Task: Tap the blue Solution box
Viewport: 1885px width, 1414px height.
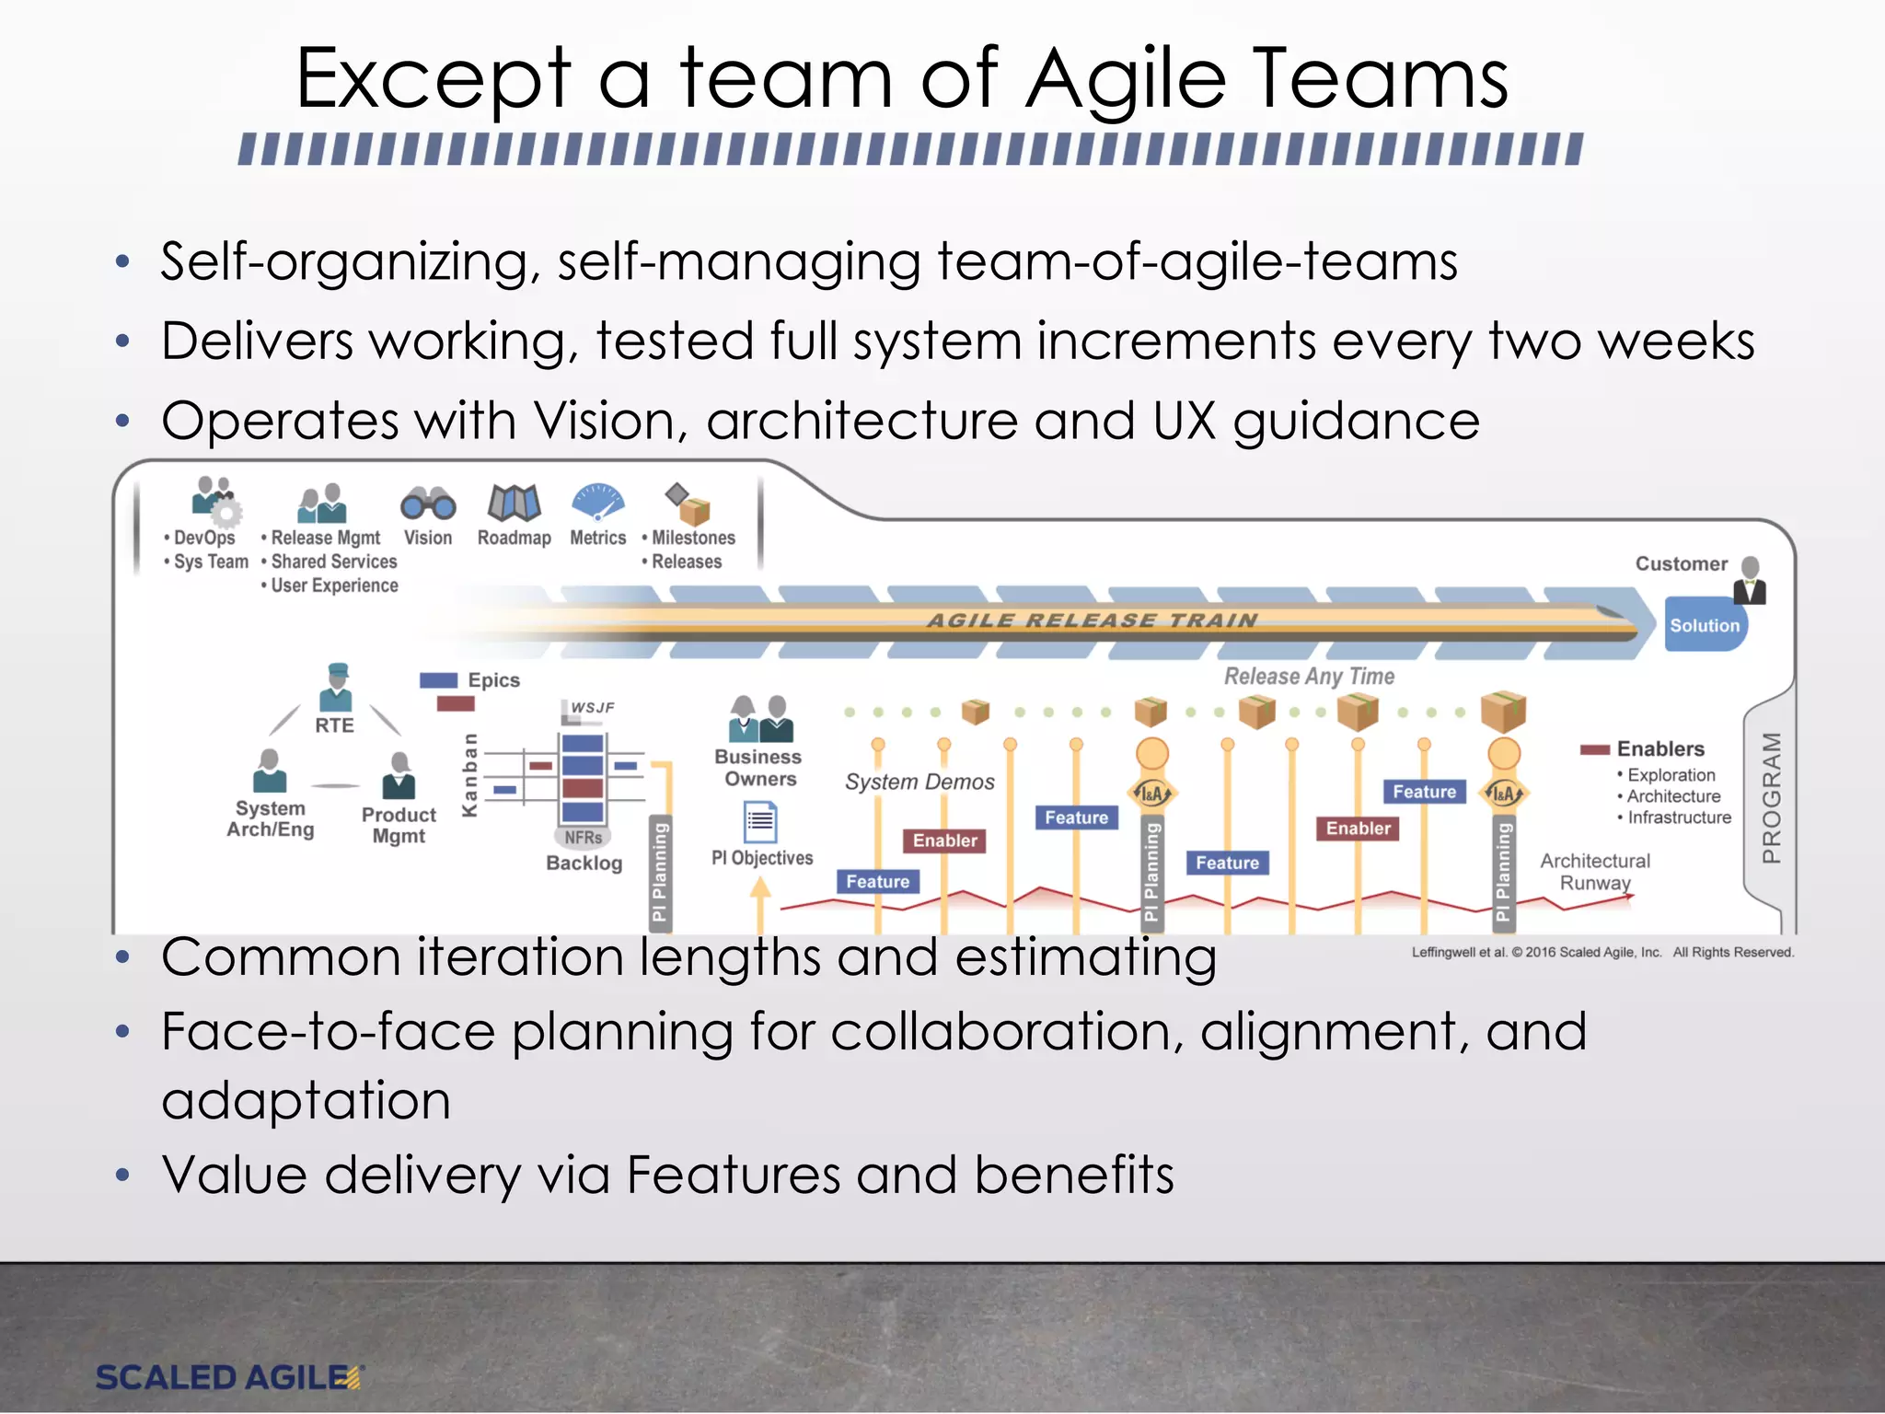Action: click(1704, 625)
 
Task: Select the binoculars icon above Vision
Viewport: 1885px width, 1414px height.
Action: click(428, 504)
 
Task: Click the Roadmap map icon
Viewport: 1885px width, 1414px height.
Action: click(514, 503)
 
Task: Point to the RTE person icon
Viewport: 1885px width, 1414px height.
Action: click(336, 687)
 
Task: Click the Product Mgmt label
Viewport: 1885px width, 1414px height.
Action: click(399, 826)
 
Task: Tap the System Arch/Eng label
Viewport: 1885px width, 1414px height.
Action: click(271, 818)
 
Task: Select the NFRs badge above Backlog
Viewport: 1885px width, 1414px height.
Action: click(584, 837)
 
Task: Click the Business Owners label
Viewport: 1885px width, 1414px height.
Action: click(758, 768)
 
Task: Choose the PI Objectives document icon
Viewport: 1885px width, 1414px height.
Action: click(760, 821)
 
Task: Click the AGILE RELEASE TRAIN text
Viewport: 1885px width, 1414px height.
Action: click(1092, 620)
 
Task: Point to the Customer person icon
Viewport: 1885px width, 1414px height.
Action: click(1750, 580)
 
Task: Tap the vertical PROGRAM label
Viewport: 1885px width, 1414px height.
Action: click(1771, 797)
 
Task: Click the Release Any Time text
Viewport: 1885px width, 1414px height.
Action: click(1309, 677)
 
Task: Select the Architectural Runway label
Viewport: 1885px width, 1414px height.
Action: click(1595, 872)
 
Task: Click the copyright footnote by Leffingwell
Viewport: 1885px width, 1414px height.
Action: click(1602, 953)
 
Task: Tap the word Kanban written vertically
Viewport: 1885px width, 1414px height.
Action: click(469, 775)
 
